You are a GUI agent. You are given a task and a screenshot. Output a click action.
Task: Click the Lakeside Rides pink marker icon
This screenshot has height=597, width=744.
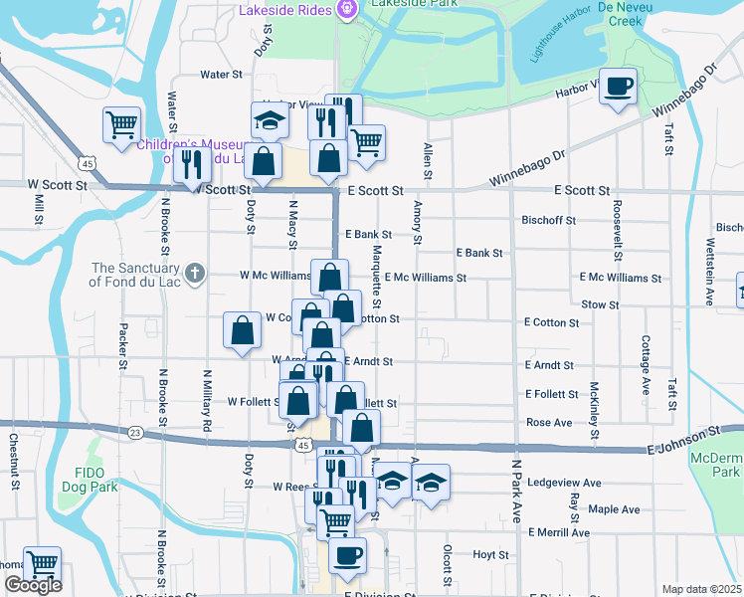click(346, 11)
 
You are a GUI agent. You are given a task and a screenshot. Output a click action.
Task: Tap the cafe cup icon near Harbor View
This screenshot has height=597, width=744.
click(618, 87)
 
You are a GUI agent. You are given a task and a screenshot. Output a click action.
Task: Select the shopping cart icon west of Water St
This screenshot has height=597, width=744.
click(121, 126)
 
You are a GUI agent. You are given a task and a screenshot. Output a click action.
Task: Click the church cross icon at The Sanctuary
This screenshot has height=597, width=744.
click(195, 271)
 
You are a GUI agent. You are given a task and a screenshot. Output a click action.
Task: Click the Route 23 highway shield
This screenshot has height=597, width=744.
click(135, 432)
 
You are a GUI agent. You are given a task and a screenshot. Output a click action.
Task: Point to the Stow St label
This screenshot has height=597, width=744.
click(600, 304)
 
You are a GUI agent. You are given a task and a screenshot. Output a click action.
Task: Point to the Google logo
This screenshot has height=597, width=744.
click(33, 586)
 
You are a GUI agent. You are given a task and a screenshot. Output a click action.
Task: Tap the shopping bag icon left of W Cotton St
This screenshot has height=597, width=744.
click(242, 332)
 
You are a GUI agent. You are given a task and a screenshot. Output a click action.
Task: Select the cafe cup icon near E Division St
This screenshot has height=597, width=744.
click(347, 556)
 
